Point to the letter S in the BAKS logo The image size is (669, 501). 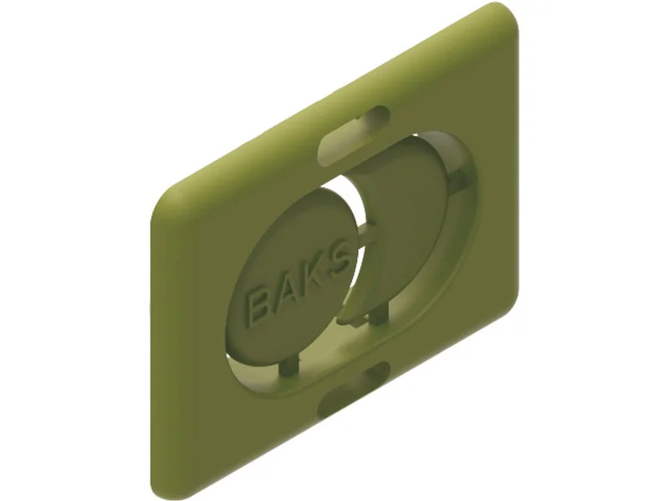point(339,261)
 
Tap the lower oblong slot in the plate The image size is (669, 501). point(355,388)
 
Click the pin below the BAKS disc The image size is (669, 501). point(290,367)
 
